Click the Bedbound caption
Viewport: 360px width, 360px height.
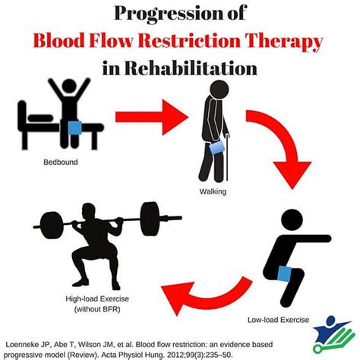point(62,163)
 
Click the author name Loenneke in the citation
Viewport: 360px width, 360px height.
point(30,340)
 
